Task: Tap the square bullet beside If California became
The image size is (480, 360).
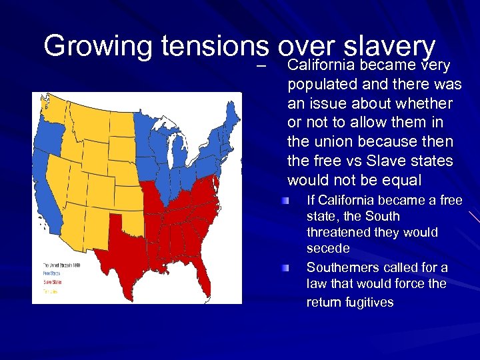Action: click(285, 201)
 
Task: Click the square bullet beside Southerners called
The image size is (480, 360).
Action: click(285, 268)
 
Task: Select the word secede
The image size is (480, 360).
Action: click(328, 249)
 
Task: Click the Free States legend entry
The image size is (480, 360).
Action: click(51, 273)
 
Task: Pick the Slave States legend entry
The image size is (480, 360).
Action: click(52, 282)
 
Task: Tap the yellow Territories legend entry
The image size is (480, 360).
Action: click(51, 291)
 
